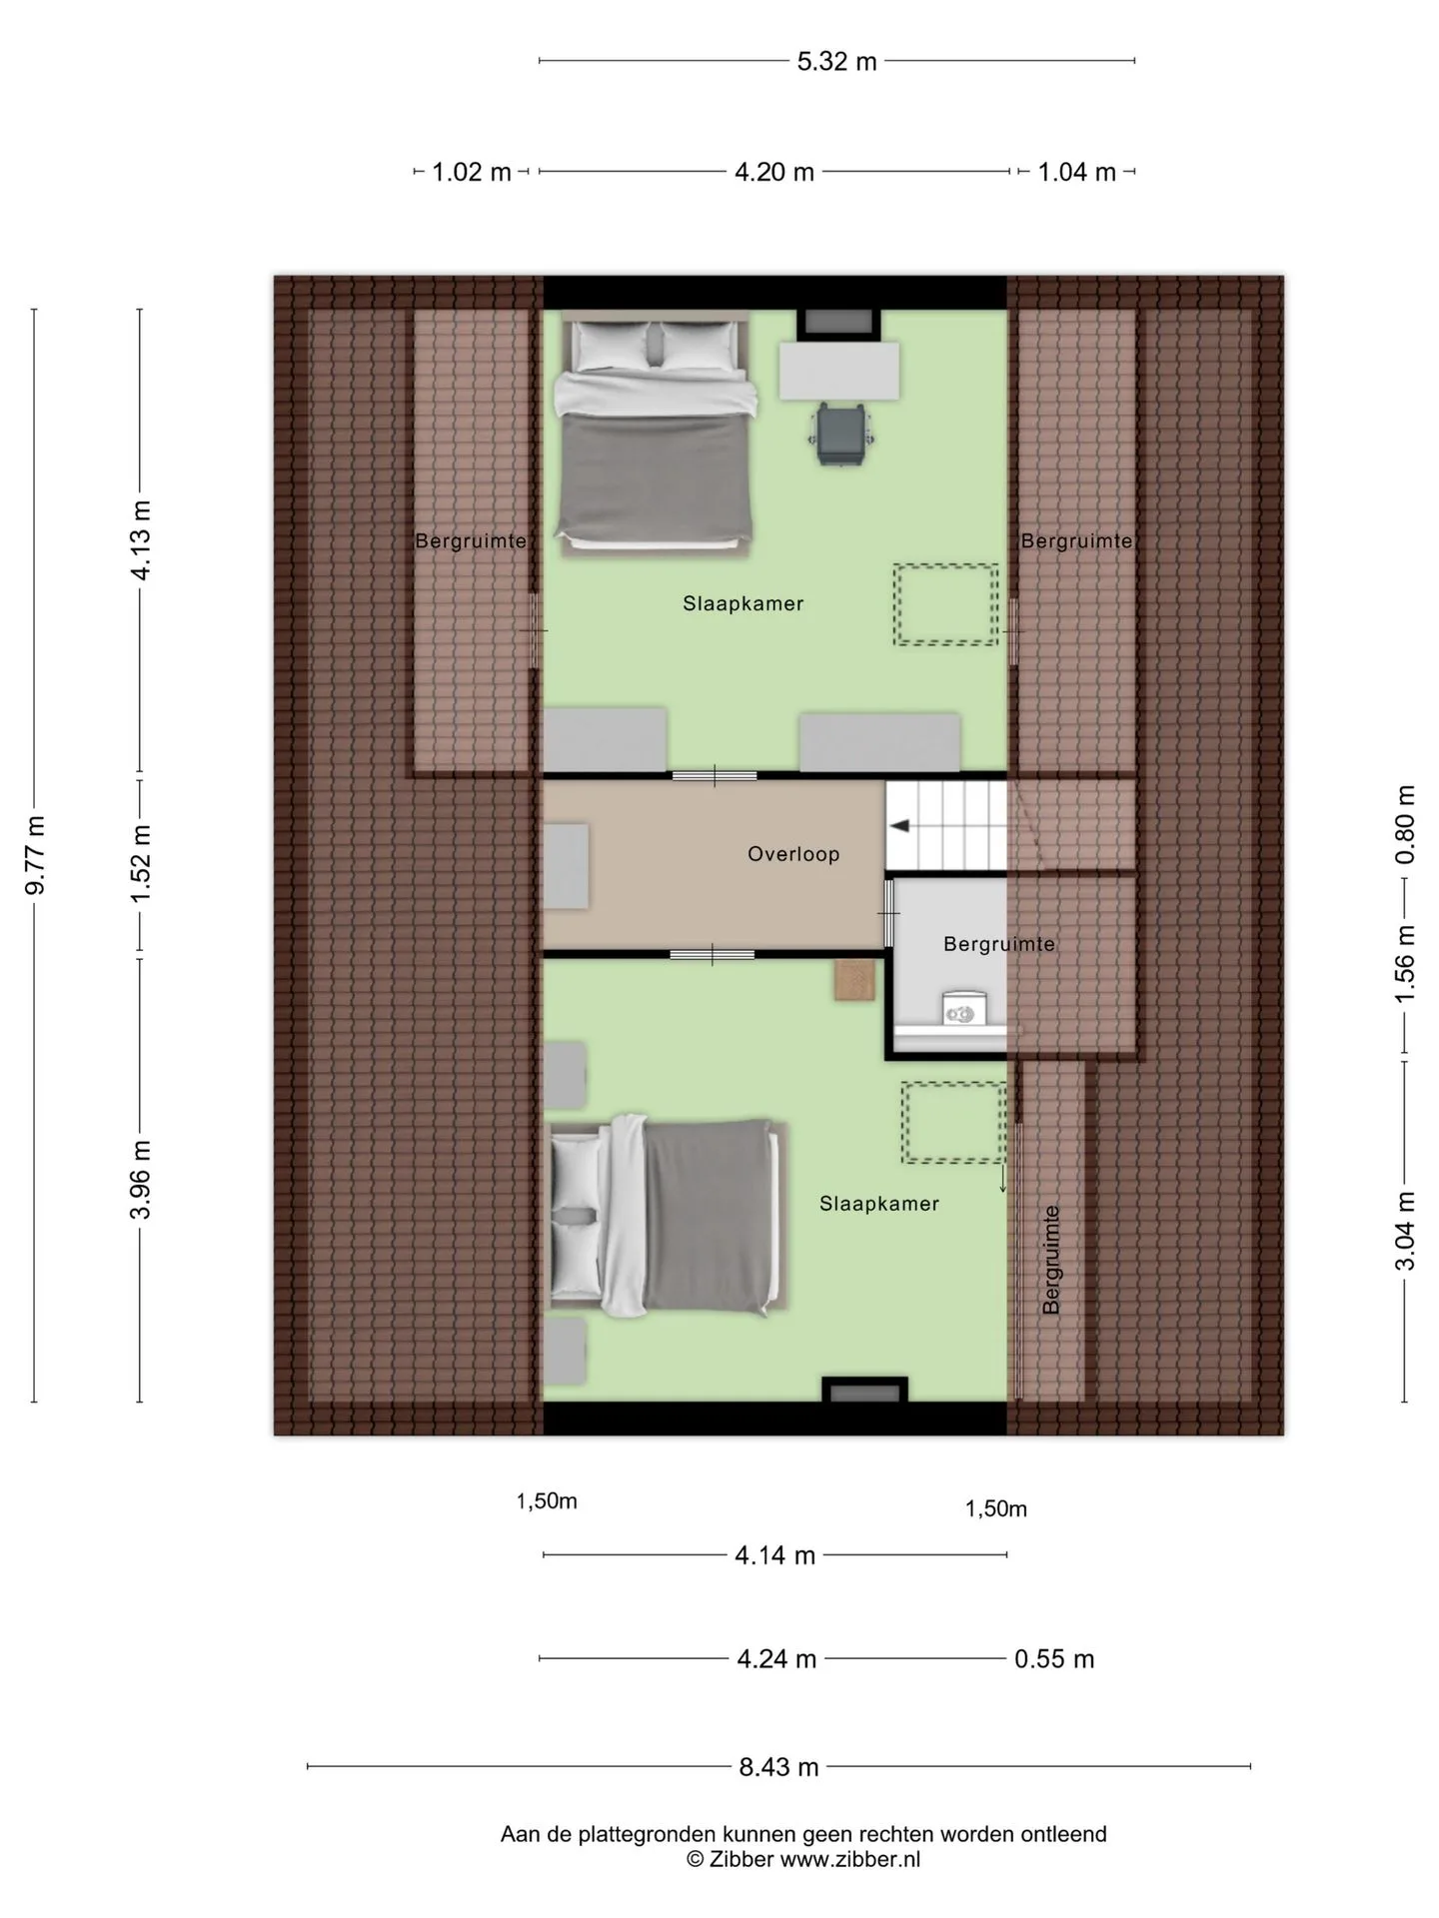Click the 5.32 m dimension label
pyautogui.click(x=836, y=62)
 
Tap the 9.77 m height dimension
pyautogui.click(x=36, y=855)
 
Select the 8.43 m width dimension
pyautogui.click(x=778, y=1767)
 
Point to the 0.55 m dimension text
pyautogui.click(x=1054, y=1659)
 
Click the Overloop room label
pyautogui.click(x=793, y=854)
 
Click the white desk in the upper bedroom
pyautogui.click(x=839, y=371)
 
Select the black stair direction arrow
pyautogui.click(x=899, y=826)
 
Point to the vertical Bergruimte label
pyautogui.click(x=1050, y=1260)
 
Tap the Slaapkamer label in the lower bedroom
pyautogui.click(x=879, y=1204)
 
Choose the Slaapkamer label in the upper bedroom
pyautogui.click(x=743, y=603)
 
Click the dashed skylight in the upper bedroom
pyautogui.click(x=945, y=604)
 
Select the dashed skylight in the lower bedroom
pyautogui.click(x=954, y=1123)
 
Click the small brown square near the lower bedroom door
pyautogui.click(x=854, y=979)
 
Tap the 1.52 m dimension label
pyautogui.click(x=141, y=862)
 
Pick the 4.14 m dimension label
pyautogui.click(x=775, y=1555)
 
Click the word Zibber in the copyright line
pyautogui.click(x=741, y=1859)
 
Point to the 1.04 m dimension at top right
pyautogui.click(x=1076, y=173)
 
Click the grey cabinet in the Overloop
pyautogui.click(x=566, y=866)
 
